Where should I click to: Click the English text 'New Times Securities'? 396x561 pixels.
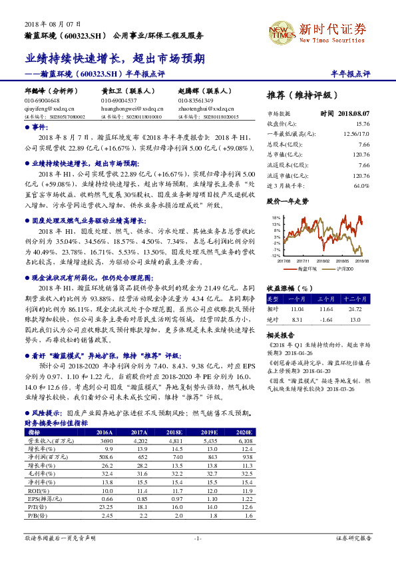tap(333, 40)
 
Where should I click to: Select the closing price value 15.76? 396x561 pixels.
tap(362, 123)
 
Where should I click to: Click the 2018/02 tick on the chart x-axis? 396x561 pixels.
tap(322, 261)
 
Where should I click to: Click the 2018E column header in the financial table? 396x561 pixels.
tap(175, 432)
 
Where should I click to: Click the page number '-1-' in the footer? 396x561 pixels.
tap(198, 538)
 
